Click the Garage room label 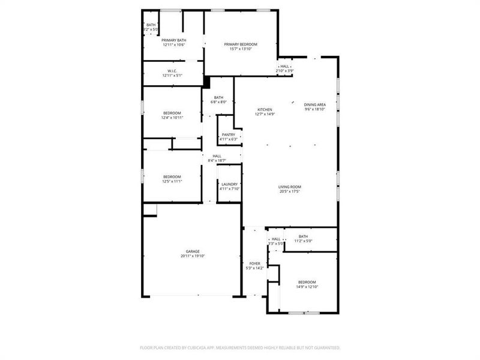point(193,251)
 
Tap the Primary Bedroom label point(241,44)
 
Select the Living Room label point(289,187)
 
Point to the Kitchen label point(265,110)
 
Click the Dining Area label point(314,105)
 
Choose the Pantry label point(229,135)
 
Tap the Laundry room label point(229,184)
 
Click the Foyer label point(255,263)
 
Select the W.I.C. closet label point(172,71)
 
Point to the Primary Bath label point(173,40)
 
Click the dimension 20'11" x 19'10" point(193,256)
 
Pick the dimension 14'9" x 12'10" point(307,287)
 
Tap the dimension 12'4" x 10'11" point(172,118)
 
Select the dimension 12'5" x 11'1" point(172,181)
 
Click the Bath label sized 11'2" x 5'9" point(303,236)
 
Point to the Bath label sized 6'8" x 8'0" point(218,98)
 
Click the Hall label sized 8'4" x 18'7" point(217,156)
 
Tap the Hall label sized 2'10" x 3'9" point(284,67)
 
